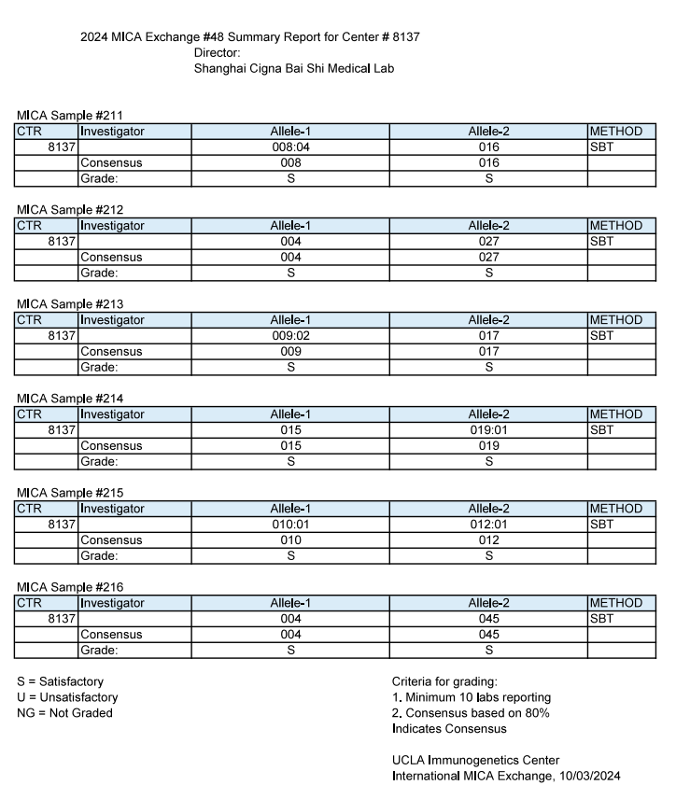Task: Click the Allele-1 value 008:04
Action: point(290,147)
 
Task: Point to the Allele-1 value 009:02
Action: point(290,336)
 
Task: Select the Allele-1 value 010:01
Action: point(290,525)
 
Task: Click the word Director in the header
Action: point(217,53)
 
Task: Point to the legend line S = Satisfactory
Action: point(61,681)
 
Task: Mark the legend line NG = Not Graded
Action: point(64,713)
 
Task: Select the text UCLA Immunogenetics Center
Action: point(476,760)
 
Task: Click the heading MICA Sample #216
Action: point(70,587)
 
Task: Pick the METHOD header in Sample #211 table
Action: point(615,132)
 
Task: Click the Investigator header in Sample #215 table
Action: point(112,509)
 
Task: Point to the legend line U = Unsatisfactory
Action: point(67,697)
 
